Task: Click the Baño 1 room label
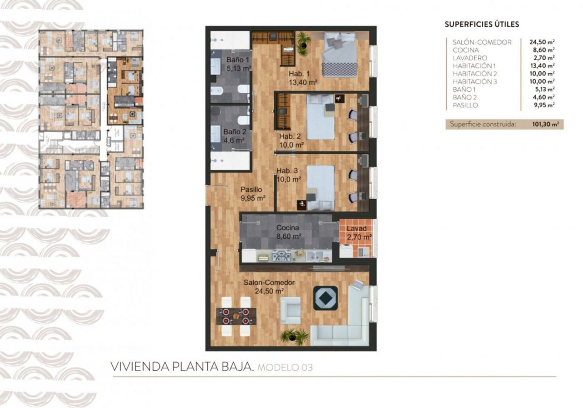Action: [x=238, y=60]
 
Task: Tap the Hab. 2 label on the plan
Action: [x=290, y=136]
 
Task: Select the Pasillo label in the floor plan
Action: [x=251, y=190]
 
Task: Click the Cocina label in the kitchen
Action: [x=287, y=228]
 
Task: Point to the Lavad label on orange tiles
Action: [x=357, y=229]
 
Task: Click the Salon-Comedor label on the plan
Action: [x=269, y=282]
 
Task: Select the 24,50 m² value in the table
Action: [x=542, y=42]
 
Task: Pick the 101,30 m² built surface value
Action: [x=546, y=124]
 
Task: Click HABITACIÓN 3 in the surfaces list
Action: [x=475, y=81]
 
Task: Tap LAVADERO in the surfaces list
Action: [x=470, y=58]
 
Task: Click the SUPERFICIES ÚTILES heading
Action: [x=482, y=25]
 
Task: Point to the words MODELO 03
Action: [x=285, y=368]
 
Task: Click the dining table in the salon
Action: [x=236, y=316]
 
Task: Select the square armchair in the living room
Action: [x=290, y=311]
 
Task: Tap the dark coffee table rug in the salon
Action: [x=325, y=298]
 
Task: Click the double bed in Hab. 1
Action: [x=339, y=54]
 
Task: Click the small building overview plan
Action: [x=91, y=119]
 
